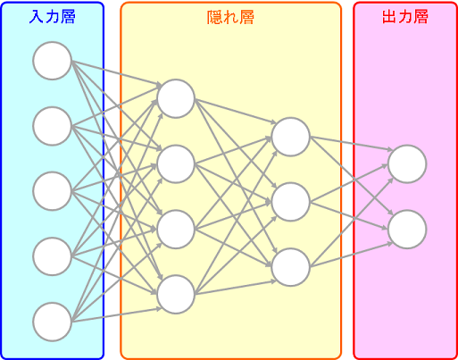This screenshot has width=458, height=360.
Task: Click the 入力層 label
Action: [52, 17]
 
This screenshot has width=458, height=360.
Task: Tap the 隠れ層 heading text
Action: [230, 18]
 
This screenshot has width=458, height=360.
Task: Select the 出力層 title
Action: [405, 17]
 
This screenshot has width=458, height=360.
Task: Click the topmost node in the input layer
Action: [52, 61]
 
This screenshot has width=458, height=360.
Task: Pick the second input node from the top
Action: [52, 126]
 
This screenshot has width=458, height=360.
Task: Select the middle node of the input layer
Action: [52, 191]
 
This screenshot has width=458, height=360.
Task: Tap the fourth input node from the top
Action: [52, 256]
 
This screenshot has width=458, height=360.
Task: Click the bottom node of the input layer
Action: [52, 322]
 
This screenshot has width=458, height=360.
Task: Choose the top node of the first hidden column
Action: [176, 98]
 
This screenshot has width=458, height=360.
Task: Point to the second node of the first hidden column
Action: [176, 163]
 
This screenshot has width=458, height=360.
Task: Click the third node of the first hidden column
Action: [176, 229]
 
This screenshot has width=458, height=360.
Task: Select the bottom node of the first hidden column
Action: [176, 294]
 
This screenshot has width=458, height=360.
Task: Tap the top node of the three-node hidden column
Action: [291, 137]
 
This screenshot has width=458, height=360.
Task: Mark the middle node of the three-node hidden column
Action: [291, 202]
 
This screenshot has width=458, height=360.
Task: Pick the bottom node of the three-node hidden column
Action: [291, 267]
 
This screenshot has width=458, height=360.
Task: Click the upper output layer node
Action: [407, 163]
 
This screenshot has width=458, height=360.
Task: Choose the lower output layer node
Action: [407, 229]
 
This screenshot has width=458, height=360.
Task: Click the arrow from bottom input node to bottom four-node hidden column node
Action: [117, 315]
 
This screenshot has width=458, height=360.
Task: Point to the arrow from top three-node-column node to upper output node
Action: [352, 144]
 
